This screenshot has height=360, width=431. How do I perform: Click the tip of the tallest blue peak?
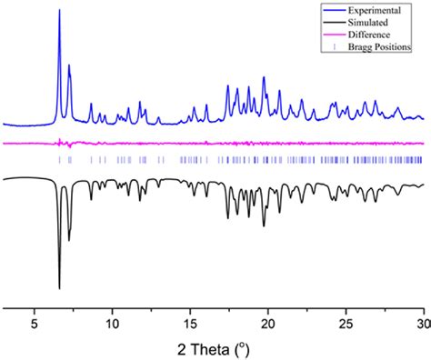[x=59, y=10]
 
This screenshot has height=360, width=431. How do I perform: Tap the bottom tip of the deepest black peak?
[x=59, y=288]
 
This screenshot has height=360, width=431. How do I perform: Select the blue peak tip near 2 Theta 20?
[x=264, y=77]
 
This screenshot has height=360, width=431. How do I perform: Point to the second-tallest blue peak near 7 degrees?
[x=69, y=65]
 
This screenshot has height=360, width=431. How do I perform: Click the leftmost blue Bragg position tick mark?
[x=59, y=160]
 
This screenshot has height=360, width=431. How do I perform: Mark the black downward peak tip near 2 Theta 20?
[x=264, y=225]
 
